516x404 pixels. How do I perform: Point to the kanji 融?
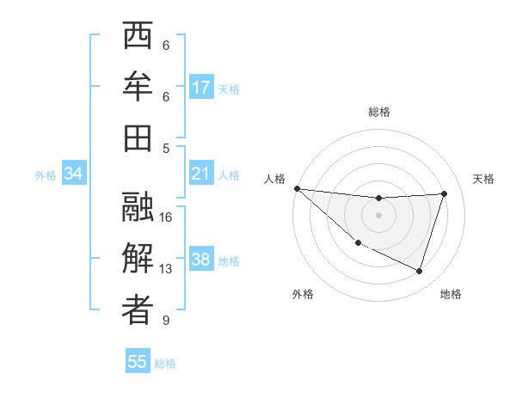tap(138, 207)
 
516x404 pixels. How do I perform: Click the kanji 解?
tap(138, 258)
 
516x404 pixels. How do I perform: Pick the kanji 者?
tap(138, 309)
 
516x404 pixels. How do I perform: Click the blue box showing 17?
tap(201, 87)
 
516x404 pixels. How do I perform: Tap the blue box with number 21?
tap(201, 174)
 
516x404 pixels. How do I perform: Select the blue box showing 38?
tap(201, 260)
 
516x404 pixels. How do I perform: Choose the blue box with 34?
tap(74, 174)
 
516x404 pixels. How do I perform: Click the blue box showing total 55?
tap(138, 362)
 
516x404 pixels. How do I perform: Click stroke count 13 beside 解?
tap(166, 269)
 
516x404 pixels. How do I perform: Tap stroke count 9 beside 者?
tap(166, 321)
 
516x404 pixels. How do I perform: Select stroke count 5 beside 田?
tap(166, 148)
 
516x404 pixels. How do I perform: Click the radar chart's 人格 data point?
tap(297, 188)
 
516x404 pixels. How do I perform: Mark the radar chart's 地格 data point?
tap(419, 272)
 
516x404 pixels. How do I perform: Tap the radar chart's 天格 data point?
tap(444, 193)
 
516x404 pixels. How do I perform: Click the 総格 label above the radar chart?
tap(378, 112)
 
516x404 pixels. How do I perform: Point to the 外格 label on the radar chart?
tap(303, 295)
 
